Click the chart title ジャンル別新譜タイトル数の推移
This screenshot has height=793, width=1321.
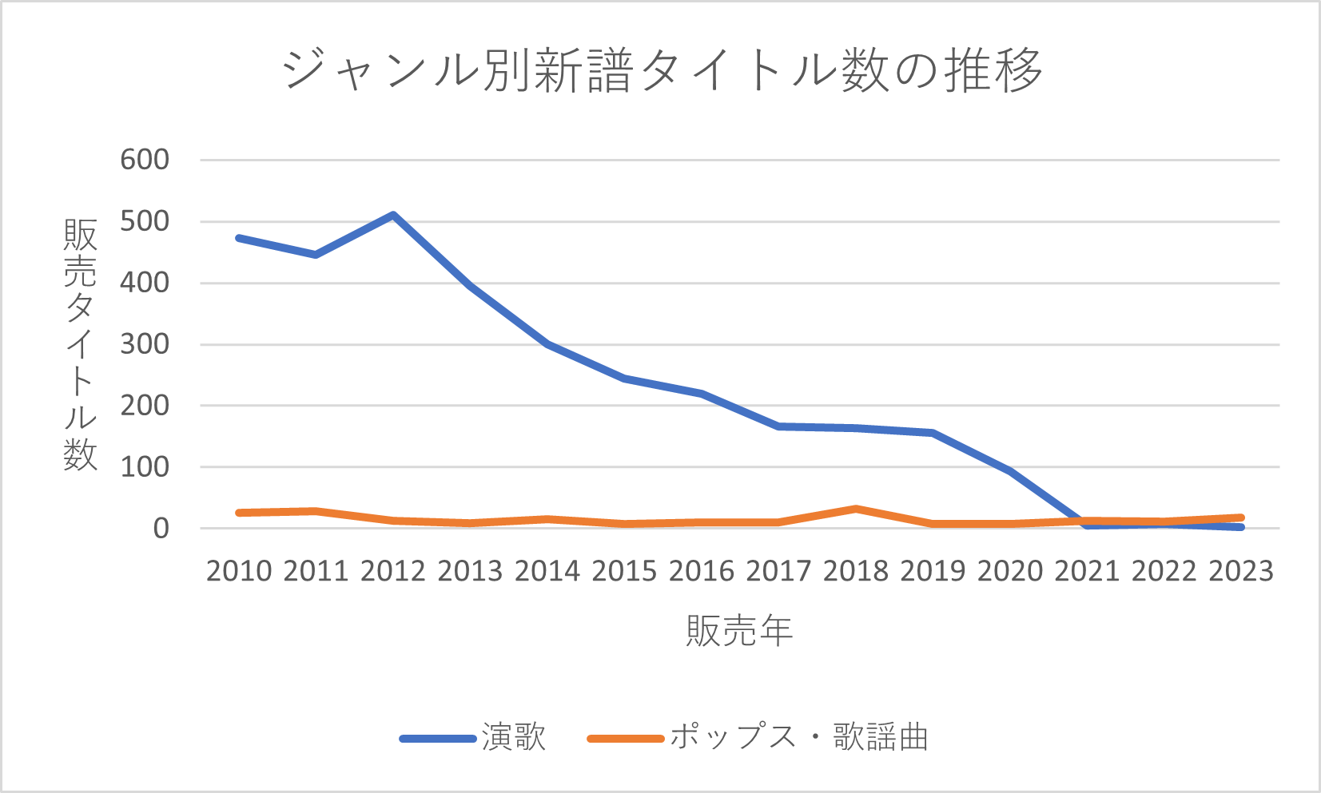coord(662,70)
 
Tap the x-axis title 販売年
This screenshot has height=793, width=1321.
coord(739,631)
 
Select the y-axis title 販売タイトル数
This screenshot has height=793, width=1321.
coord(80,344)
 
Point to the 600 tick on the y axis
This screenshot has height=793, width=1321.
coord(145,160)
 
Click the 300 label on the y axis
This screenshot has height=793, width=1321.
coord(145,344)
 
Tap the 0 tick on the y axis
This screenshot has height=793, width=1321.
coord(161,528)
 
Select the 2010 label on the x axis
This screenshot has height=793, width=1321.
coord(239,571)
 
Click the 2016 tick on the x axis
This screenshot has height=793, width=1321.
coord(701,571)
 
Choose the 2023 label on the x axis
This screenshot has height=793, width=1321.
coord(1240,571)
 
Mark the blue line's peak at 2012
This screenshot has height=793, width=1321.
coord(393,215)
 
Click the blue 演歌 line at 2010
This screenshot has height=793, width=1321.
coord(239,238)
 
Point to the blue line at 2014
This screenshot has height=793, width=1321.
coord(547,344)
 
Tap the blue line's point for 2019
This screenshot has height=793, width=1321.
coord(933,433)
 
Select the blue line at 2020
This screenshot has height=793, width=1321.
coord(1010,471)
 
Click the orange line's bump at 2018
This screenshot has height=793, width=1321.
coord(856,509)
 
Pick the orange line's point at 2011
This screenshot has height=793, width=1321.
coord(316,511)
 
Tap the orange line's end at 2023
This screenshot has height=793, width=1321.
coord(1240,517)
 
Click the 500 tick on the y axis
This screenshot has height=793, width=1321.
coord(145,221)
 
